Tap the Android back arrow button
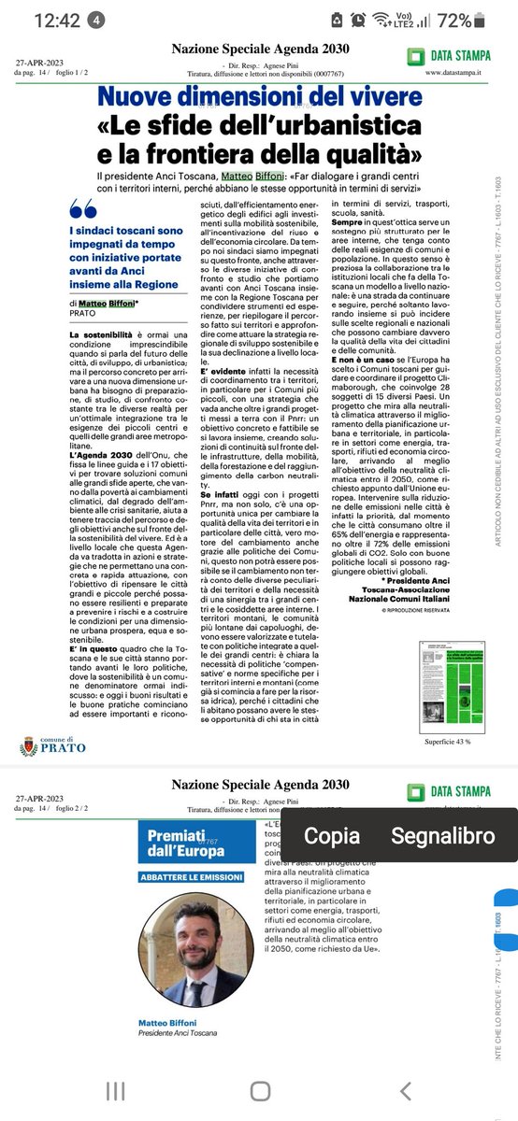tap(404, 1090)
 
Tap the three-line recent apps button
tap(115, 1090)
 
